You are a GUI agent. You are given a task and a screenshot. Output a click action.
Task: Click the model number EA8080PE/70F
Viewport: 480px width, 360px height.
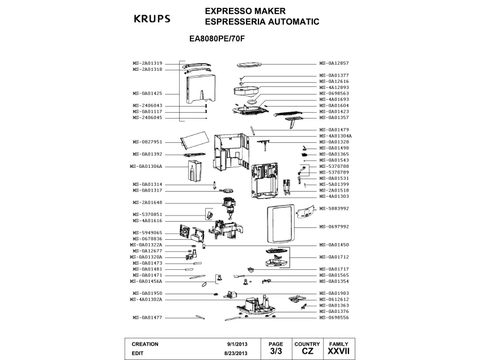click(220, 41)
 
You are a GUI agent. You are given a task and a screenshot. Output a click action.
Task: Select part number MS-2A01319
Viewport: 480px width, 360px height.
click(147, 63)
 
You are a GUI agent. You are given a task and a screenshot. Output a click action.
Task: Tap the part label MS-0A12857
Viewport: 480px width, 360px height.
click(334, 63)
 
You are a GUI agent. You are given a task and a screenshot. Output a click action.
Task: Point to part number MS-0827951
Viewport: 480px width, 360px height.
click(147, 142)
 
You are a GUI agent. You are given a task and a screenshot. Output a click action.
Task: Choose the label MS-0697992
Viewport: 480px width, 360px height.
click(334, 227)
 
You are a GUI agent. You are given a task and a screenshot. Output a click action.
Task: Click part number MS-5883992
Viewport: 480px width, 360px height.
click(334, 208)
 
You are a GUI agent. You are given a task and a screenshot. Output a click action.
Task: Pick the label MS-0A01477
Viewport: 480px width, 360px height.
click(147, 317)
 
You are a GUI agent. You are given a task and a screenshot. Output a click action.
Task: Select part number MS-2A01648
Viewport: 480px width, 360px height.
click(147, 202)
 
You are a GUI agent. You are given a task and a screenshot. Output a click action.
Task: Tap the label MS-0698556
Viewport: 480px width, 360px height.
click(334, 317)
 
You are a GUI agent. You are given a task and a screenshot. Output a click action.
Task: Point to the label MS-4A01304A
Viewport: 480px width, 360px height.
click(335, 136)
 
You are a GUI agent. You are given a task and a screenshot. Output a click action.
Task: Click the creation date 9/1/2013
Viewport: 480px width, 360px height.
click(237, 344)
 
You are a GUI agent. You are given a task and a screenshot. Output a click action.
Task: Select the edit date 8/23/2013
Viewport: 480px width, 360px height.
click(235, 353)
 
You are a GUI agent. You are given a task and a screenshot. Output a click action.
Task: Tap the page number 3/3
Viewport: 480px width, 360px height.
click(275, 351)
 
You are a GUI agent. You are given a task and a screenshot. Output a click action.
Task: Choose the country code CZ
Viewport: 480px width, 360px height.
click(307, 351)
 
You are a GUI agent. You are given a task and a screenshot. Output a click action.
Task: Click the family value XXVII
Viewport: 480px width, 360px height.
click(339, 351)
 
